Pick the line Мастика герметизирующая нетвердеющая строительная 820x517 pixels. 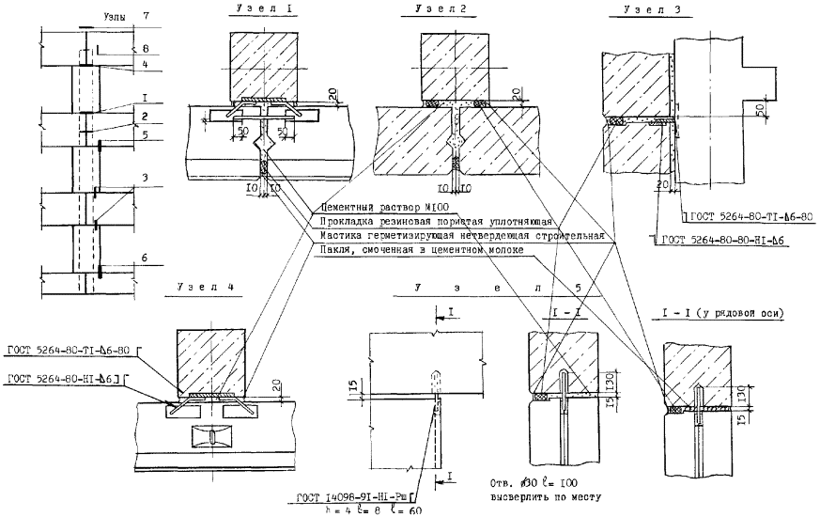[x=461, y=235]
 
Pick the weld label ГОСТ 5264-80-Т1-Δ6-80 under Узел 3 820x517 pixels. [x=750, y=215]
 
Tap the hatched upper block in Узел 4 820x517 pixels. [x=210, y=358]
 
